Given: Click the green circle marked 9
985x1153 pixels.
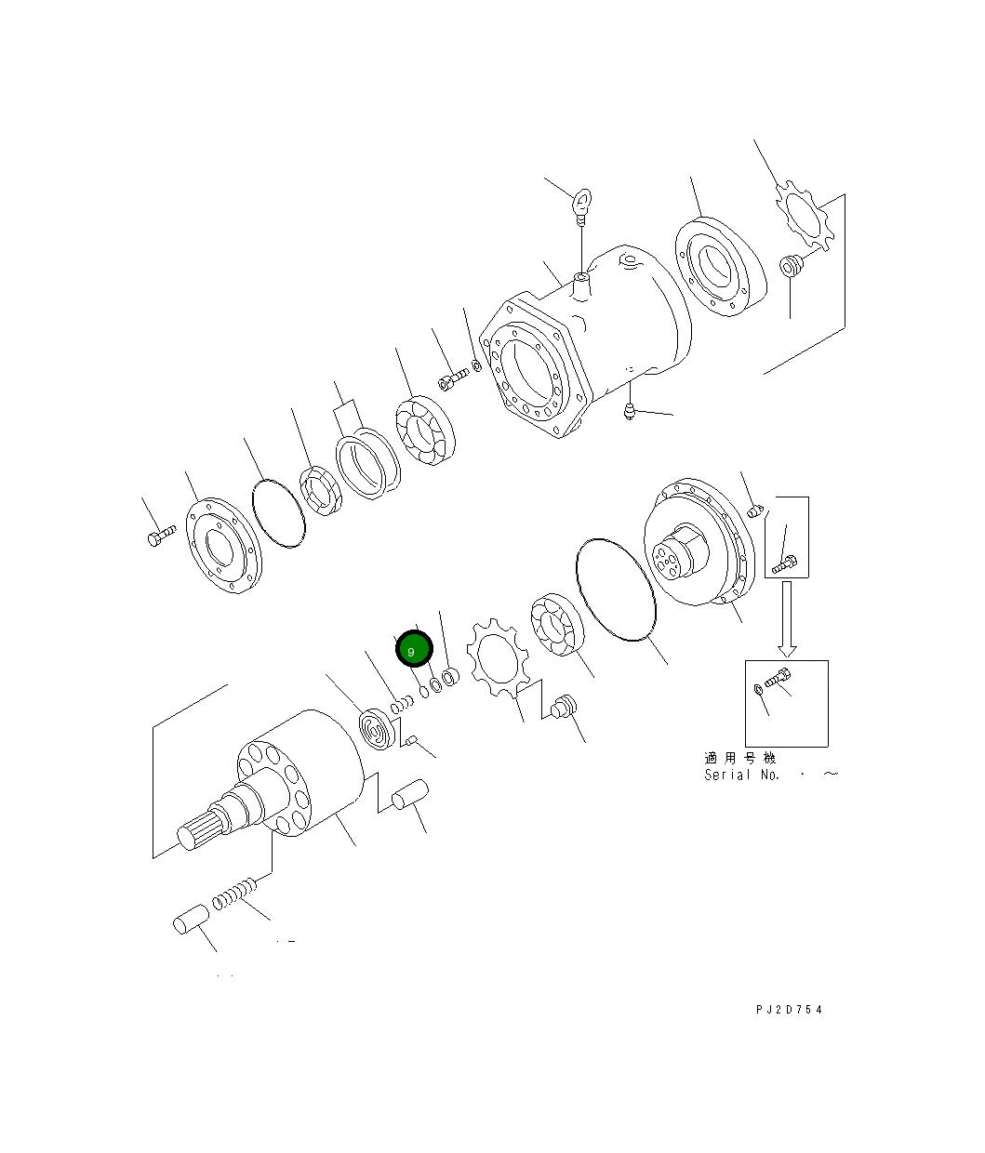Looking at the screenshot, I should pyautogui.click(x=414, y=650).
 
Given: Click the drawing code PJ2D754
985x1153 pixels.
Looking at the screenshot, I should pyautogui.click(x=789, y=1010).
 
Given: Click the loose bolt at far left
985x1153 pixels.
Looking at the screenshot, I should pyautogui.click(x=160, y=536).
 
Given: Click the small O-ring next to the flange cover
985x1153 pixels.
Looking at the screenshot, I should pyautogui.click(x=279, y=512).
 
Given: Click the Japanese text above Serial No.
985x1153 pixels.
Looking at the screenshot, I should pyautogui.click(x=739, y=759).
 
